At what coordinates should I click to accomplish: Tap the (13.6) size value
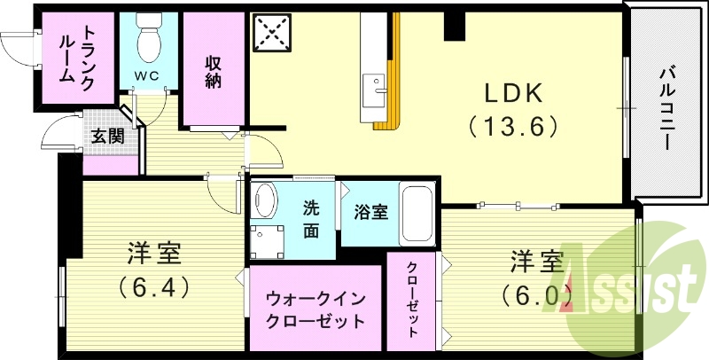click(x=512, y=127)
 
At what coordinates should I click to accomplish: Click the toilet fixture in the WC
click(x=148, y=37)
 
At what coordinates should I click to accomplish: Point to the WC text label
click(x=147, y=76)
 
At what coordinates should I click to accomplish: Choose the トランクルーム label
click(x=79, y=53)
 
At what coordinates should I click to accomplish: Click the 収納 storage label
click(x=214, y=71)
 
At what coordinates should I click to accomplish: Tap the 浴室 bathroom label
click(x=370, y=213)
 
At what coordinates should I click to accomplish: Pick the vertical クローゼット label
click(x=413, y=300)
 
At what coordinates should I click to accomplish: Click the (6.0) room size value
click(x=536, y=293)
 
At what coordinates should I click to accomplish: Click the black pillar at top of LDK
click(x=454, y=27)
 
